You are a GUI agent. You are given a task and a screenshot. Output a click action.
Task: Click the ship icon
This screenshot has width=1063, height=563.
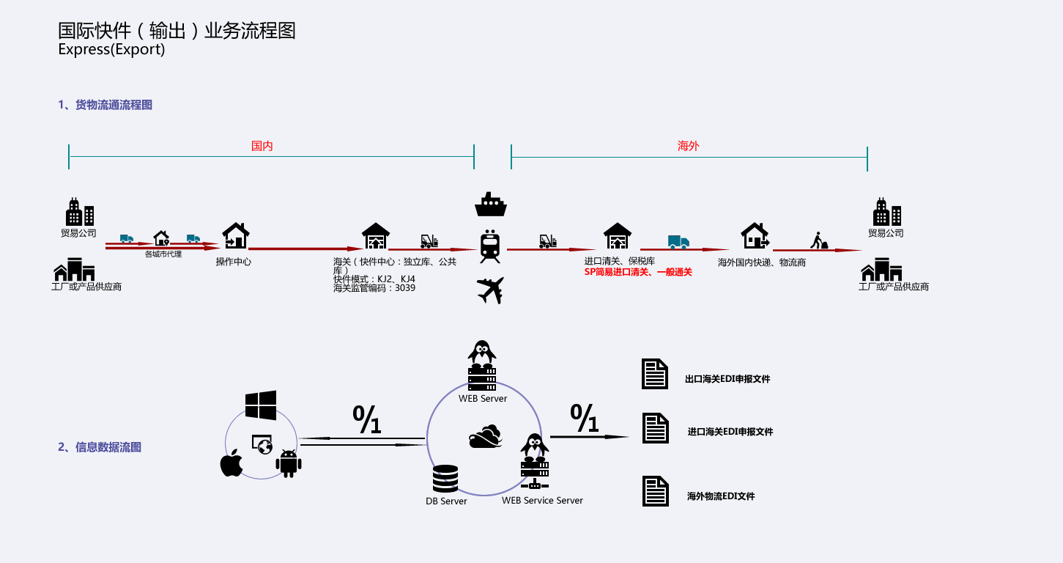490,205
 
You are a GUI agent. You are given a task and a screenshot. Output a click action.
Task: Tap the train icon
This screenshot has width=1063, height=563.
490,246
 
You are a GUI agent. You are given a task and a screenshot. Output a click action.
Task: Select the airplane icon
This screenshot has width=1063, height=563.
490,290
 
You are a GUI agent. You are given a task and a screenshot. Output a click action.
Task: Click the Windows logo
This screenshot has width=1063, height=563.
261,405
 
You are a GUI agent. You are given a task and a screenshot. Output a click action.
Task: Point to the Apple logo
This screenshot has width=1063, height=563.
232,463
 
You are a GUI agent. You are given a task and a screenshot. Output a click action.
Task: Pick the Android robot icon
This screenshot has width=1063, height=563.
289,463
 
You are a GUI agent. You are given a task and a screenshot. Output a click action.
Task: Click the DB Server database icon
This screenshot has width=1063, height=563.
445,479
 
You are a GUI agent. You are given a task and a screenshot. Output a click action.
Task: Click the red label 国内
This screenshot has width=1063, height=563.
262,146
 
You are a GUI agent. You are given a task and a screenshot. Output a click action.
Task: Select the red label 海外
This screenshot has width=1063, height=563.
689,146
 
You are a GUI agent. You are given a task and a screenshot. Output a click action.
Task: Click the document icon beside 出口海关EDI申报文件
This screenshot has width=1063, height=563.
655,374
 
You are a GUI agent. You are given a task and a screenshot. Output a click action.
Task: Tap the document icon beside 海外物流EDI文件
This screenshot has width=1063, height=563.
655,491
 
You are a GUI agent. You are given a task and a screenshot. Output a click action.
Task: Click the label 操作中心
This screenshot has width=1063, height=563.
233,261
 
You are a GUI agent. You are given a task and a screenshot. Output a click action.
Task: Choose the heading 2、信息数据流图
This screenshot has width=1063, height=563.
100,446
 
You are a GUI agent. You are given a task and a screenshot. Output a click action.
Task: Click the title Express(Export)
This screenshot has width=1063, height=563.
111,50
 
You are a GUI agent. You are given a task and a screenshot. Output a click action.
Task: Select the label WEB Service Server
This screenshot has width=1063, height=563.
542,500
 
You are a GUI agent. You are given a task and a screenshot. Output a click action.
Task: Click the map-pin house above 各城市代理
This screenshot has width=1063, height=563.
161,238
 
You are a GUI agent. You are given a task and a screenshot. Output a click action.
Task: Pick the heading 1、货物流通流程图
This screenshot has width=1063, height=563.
105,105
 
